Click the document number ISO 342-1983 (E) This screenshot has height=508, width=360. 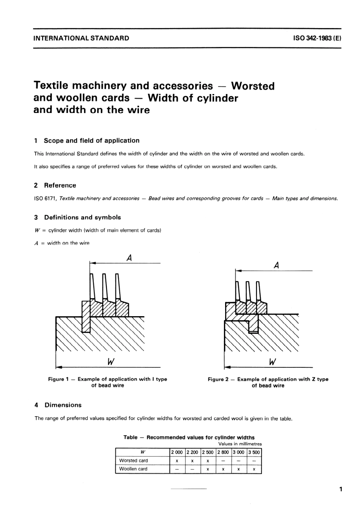(x=317, y=38)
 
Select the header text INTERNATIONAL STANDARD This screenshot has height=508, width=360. (x=81, y=38)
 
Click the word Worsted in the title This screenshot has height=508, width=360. (x=253, y=86)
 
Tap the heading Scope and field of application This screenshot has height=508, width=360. (x=91, y=141)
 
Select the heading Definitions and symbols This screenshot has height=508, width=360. (x=82, y=217)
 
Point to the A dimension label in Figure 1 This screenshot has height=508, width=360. (x=129, y=258)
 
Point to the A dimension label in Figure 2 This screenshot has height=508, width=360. (x=276, y=266)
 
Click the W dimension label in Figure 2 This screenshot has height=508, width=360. (x=272, y=362)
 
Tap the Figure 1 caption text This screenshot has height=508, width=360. (x=107, y=382)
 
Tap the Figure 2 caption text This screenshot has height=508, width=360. (x=268, y=382)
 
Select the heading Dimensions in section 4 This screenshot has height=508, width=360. (x=63, y=405)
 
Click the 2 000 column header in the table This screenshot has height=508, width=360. (x=177, y=452)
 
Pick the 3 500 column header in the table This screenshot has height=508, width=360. (x=254, y=452)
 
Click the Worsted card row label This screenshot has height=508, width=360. (x=133, y=461)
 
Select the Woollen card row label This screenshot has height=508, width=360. (x=133, y=469)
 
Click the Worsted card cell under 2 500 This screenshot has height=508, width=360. (x=208, y=461)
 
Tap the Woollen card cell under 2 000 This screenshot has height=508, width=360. (x=177, y=469)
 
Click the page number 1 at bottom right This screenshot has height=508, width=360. (x=341, y=489)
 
